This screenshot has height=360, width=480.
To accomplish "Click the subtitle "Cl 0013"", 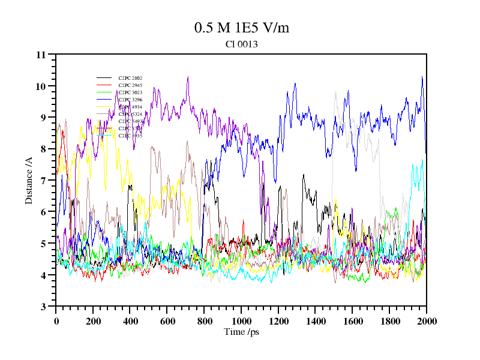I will coord(242,44).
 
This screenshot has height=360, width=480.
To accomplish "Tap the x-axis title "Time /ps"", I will coord(241,332).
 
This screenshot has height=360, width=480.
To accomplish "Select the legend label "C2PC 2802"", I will coord(130,79).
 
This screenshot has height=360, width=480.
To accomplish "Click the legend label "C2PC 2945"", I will coord(130,86).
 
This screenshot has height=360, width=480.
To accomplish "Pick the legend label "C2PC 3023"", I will coord(130,93).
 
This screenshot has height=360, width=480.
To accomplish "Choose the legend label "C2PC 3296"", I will coord(130,100).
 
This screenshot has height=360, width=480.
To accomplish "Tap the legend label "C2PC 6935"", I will coord(130,136).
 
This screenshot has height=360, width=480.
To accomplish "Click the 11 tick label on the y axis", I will coord(41,55).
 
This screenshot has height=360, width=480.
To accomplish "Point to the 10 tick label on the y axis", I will coord(41,86).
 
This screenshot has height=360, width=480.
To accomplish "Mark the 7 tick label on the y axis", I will coord(44,181).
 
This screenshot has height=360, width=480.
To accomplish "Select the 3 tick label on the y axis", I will coord(44,307).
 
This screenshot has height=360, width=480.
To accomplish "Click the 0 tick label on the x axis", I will coord(56,321).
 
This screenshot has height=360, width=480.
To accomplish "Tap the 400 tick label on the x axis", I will coord(130,321).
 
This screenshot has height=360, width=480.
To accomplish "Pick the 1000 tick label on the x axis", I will coord(241,321).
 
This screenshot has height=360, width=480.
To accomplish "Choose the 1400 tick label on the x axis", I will coord(316,321).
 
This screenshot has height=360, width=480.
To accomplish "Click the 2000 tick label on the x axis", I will coord(427,321).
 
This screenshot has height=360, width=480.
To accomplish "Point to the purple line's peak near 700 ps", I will coord(188,77).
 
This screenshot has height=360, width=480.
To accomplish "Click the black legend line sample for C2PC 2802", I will coord(104,79).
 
